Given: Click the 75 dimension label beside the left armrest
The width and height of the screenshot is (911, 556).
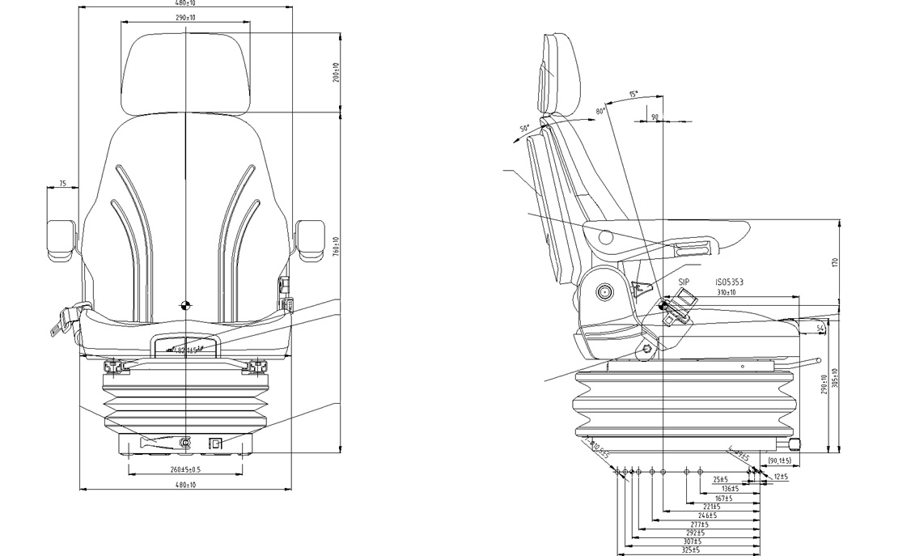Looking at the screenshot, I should coord(62,184).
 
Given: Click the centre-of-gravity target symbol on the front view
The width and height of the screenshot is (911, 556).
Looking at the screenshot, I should coord(185,304).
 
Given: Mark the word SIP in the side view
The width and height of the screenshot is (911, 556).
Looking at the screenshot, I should coord(683,282).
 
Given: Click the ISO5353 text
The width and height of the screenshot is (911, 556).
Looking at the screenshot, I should coord(729,282).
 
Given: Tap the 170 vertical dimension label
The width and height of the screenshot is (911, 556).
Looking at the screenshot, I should coord(834,262).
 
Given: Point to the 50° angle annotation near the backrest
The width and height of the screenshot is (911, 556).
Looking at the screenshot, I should coord(524,129).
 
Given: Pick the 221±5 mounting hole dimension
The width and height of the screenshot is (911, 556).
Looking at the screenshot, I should coord(711,507).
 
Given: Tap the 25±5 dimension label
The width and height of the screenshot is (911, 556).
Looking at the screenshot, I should coord(721,479).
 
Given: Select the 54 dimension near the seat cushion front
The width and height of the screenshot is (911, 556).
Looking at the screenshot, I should coord(820,327).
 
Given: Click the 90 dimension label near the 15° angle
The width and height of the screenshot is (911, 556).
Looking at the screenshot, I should coord(655,117).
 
